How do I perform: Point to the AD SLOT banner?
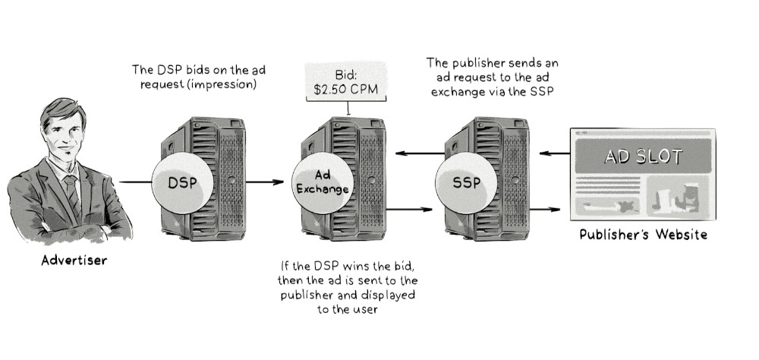pos(642,157)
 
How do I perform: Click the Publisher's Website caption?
pos(643,235)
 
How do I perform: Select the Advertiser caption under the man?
pos(74,261)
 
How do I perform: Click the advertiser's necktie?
pos(72,191)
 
